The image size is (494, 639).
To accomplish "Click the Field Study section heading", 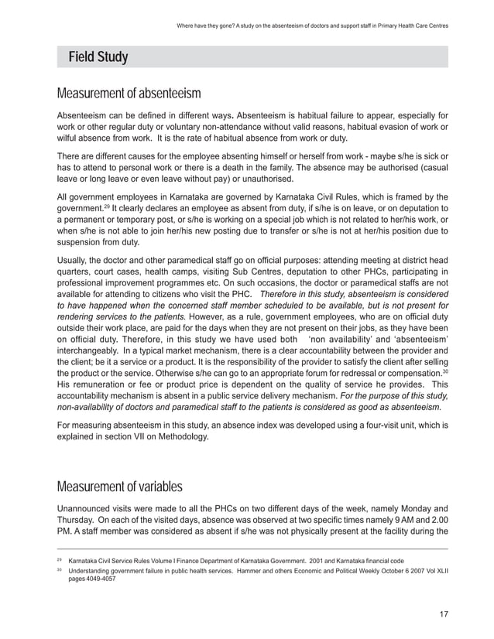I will [x=98, y=57].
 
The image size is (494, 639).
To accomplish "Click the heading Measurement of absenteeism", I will [x=129, y=94].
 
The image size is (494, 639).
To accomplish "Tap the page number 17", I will [x=443, y=614].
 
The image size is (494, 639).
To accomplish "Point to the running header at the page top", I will [x=313, y=25].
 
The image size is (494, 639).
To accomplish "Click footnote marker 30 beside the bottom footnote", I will [x=59, y=570].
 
